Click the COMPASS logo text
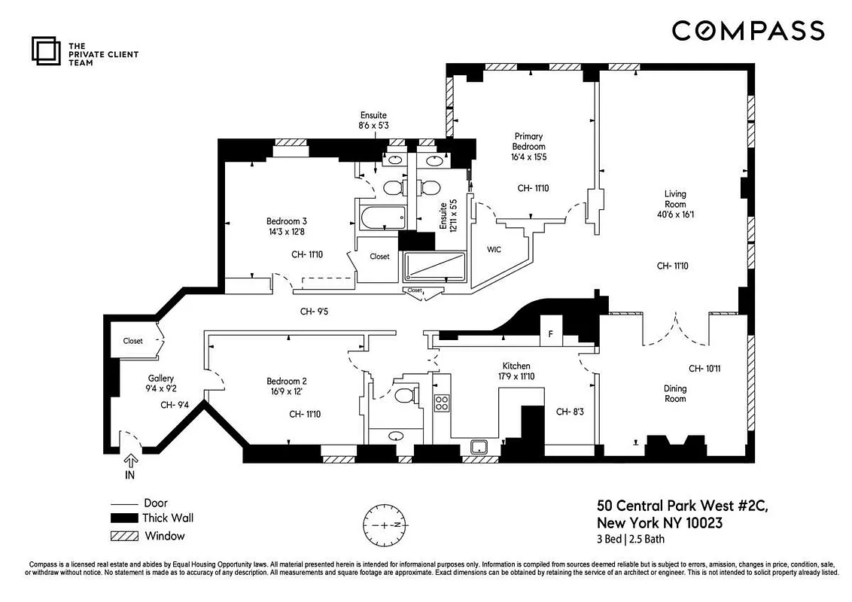point(747,31)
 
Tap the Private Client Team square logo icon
point(45,50)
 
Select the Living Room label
point(674,199)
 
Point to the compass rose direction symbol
point(385,524)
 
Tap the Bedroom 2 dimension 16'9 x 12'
point(285,392)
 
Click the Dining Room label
point(675,394)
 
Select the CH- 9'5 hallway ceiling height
point(315,311)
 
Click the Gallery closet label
point(132,341)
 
